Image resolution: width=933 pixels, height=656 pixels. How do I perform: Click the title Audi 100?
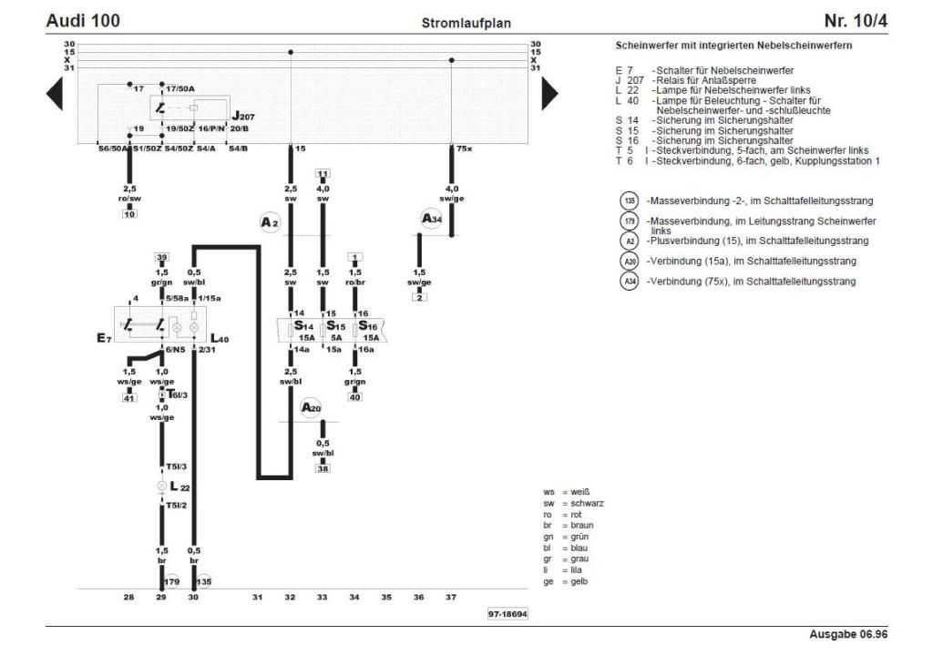tap(83, 20)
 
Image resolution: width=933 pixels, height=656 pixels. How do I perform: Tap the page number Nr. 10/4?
tap(856, 20)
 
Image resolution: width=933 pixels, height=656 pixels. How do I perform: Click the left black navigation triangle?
tap(55, 93)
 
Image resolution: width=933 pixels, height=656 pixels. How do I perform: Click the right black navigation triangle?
tap(549, 93)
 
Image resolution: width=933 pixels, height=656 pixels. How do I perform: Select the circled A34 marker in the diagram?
tap(432, 218)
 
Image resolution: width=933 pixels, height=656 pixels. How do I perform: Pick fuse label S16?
tap(367, 325)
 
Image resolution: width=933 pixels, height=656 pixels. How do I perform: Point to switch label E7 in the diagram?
tap(103, 339)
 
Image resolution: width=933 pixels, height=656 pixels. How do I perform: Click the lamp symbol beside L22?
tap(162, 487)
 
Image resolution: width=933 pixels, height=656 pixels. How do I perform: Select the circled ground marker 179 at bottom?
tap(172, 581)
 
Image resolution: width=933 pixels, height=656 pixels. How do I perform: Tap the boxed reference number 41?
tap(129, 399)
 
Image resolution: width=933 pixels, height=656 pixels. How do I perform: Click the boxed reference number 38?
tap(323, 468)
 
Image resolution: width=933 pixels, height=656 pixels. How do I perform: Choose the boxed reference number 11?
tap(323, 172)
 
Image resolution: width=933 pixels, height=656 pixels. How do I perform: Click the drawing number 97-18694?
tap(508, 614)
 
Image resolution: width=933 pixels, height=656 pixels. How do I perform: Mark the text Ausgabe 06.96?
tap(848, 634)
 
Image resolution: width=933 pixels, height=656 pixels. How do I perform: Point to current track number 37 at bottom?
tap(451, 598)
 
